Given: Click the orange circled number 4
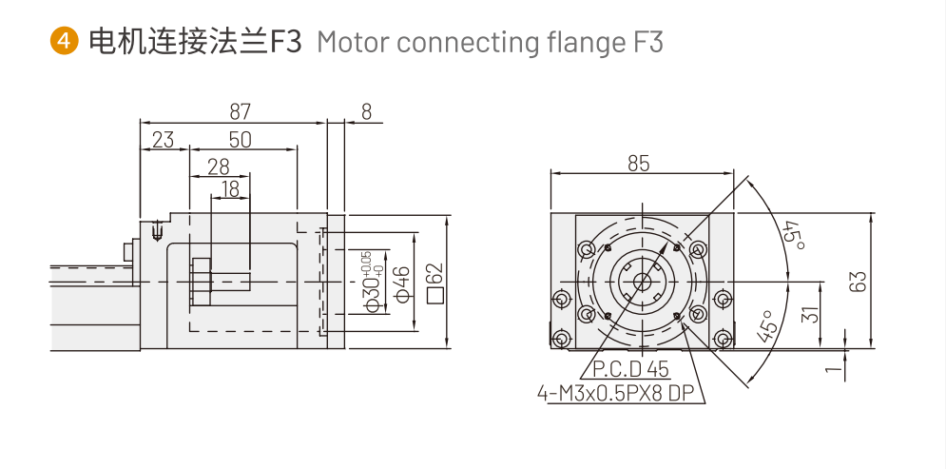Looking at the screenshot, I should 64,42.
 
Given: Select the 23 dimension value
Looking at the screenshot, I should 164,140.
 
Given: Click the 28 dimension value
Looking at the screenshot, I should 218,166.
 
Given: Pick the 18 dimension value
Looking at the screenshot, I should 229,188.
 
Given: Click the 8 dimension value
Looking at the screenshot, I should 366,111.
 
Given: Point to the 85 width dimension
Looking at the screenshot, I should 638,164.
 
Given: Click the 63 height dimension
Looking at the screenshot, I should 859,281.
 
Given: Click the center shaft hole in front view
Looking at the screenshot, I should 642,281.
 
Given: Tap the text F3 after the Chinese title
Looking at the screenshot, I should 286,43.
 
